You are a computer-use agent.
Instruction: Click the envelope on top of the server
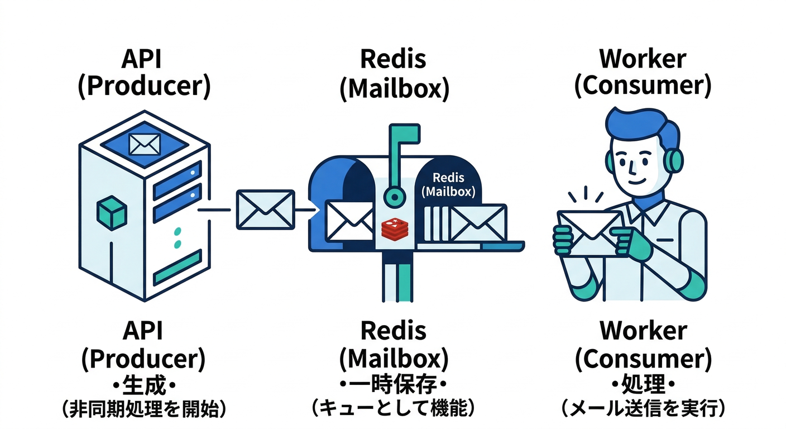click(145, 144)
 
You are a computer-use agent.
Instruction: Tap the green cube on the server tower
click(112, 214)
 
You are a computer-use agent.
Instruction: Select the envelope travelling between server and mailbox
click(265, 209)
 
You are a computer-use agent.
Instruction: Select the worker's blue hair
click(642, 126)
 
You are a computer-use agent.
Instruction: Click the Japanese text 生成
click(144, 385)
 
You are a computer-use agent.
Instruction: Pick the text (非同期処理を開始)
click(144, 409)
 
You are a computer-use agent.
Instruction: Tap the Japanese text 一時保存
click(393, 385)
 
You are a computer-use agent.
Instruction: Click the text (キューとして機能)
click(393, 409)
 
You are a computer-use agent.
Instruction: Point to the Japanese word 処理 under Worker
click(643, 385)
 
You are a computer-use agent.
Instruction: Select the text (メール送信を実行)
click(643, 409)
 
